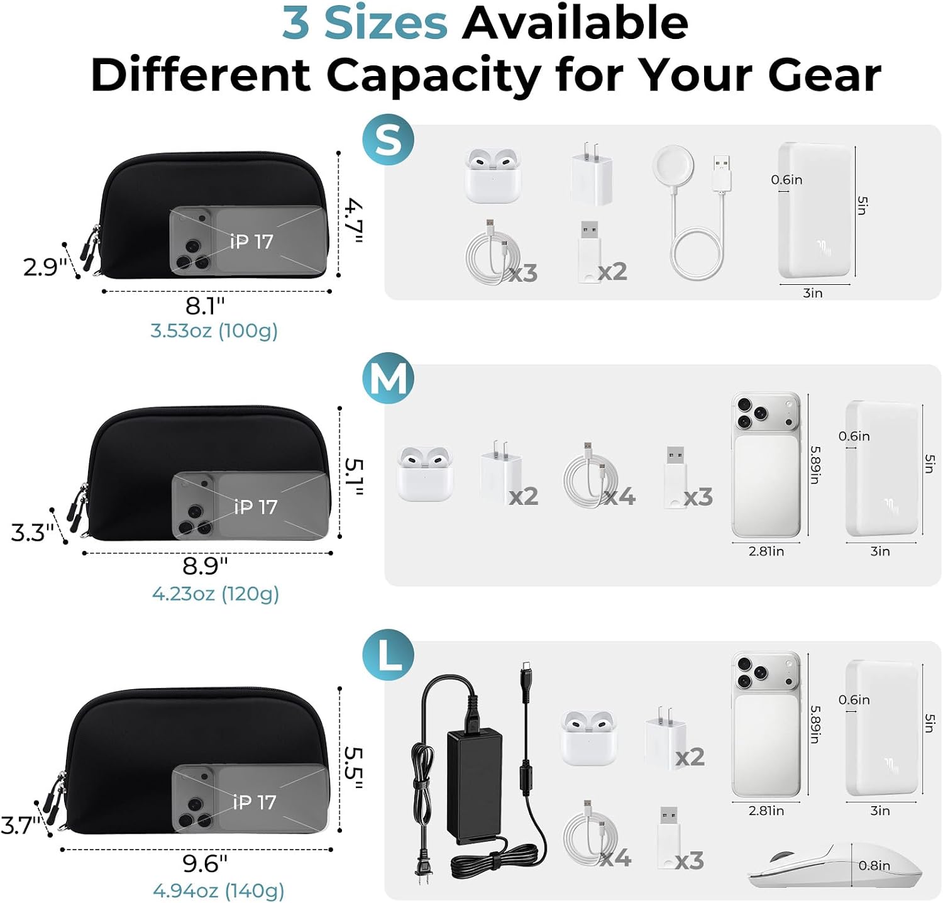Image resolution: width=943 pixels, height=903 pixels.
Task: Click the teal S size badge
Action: [x=388, y=140]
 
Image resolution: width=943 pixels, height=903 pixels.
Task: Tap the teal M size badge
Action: [x=388, y=379]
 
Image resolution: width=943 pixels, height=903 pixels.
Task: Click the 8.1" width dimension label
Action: [x=205, y=306]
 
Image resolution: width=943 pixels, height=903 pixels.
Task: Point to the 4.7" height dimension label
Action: [x=354, y=221]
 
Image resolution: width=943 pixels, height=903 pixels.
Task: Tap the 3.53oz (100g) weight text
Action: [x=214, y=331]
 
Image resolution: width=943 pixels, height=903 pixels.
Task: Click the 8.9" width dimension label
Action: [x=205, y=566]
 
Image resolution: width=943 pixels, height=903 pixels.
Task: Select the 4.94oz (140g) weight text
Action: [x=218, y=890]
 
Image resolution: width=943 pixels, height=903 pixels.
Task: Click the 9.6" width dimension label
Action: [x=205, y=863]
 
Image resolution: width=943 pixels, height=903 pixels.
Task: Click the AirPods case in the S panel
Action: [x=493, y=175]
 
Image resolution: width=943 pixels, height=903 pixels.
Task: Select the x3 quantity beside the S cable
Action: [x=523, y=273]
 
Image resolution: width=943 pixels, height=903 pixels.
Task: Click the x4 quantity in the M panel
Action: [x=620, y=497]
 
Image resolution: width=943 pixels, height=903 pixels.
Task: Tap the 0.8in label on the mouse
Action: [x=874, y=866]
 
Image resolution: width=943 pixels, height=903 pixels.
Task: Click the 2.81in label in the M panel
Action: [x=766, y=551]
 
